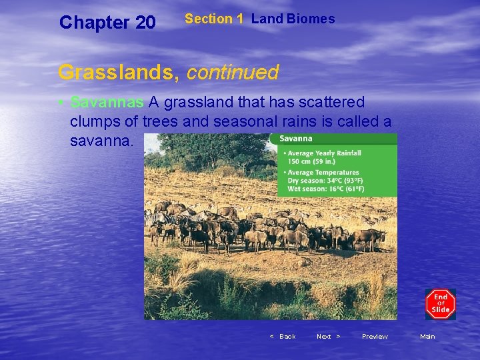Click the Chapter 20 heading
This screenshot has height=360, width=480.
point(107,23)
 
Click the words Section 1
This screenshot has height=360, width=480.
point(214,19)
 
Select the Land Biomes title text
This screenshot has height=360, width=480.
point(293,19)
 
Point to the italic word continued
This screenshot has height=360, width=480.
point(233,72)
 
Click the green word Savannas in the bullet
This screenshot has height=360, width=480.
point(107,103)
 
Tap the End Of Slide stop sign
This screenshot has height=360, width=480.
point(441,304)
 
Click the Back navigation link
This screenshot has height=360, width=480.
point(283,337)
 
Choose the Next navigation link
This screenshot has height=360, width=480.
point(328,337)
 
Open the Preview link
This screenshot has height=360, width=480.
point(375,337)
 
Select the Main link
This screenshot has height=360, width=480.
point(427,337)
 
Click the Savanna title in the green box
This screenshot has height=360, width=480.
point(295,139)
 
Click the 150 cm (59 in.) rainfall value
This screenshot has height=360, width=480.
point(312,161)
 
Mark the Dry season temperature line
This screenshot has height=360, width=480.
point(325,181)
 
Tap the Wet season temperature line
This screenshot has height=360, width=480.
point(325,189)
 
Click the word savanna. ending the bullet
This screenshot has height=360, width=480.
point(102,141)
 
